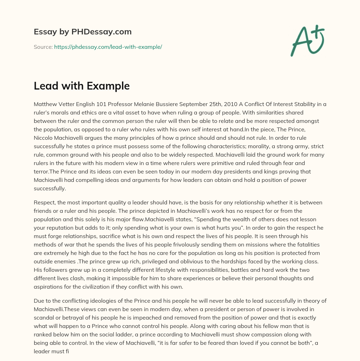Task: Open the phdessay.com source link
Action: click(108, 47)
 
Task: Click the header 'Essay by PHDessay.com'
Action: click(83, 32)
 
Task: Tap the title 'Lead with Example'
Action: click(82, 86)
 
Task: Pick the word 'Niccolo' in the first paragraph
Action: click(45, 138)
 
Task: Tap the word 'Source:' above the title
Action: click(43, 47)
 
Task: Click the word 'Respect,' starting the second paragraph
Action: click(45, 203)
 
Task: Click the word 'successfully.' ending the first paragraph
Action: click(50, 188)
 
